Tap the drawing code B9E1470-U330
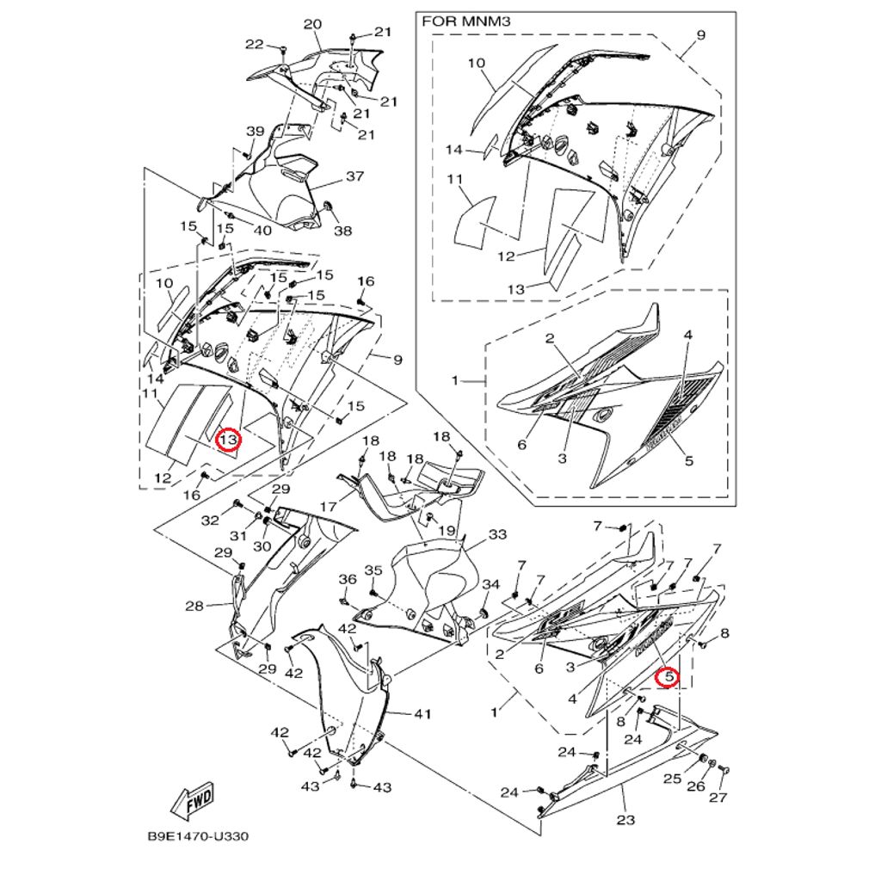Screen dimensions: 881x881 click(x=198, y=836)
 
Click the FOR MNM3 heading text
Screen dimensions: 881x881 click(x=465, y=22)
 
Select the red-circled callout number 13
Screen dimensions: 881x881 click(x=229, y=439)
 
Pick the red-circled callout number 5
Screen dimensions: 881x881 click(x=668, y=677)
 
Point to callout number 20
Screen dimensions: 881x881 click(x=312, y=24)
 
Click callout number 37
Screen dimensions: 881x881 click(x=354, y=176)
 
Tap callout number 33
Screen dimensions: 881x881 click(x=497, y=534)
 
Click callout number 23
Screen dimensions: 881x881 click(x=625, y=820)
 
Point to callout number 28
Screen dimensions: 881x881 click(x=194, y=606)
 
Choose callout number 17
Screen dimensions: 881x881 click(x=328, y=506)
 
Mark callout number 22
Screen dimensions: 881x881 click(x=255, y=44)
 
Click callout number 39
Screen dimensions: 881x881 click(x=255, y=132)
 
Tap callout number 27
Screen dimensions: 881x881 click(x=718, y=797)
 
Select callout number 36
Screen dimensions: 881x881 click(x=348, y=579)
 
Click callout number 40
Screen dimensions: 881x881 click(x=262, y=230)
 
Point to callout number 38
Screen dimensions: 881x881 click(x=342, y=230)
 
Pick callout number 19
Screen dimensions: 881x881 click(x=447, y=530)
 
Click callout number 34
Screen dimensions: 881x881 click(x=490, y=584)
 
